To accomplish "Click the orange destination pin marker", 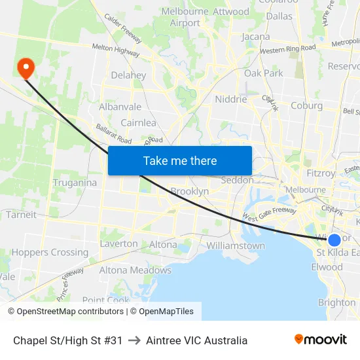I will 26,67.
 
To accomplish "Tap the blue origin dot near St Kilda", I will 334,240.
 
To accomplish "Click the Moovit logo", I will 320,340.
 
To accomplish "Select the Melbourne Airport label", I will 185,18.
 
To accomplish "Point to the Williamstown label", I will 235,246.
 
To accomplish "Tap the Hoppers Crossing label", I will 50,253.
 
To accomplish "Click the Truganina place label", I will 75,183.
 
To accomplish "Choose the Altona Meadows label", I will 135,270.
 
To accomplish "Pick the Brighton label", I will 336,302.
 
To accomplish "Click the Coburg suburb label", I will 306,105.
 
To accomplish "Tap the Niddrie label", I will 231,99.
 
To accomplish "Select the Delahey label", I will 128,75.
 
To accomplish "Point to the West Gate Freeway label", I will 269,214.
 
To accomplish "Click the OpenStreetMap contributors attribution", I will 65,312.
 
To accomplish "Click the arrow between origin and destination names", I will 134,340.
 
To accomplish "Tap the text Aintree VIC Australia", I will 196,340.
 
